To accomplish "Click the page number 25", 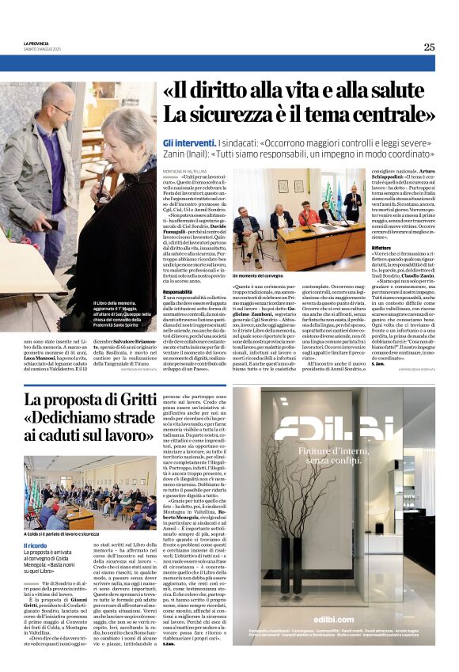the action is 428,47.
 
